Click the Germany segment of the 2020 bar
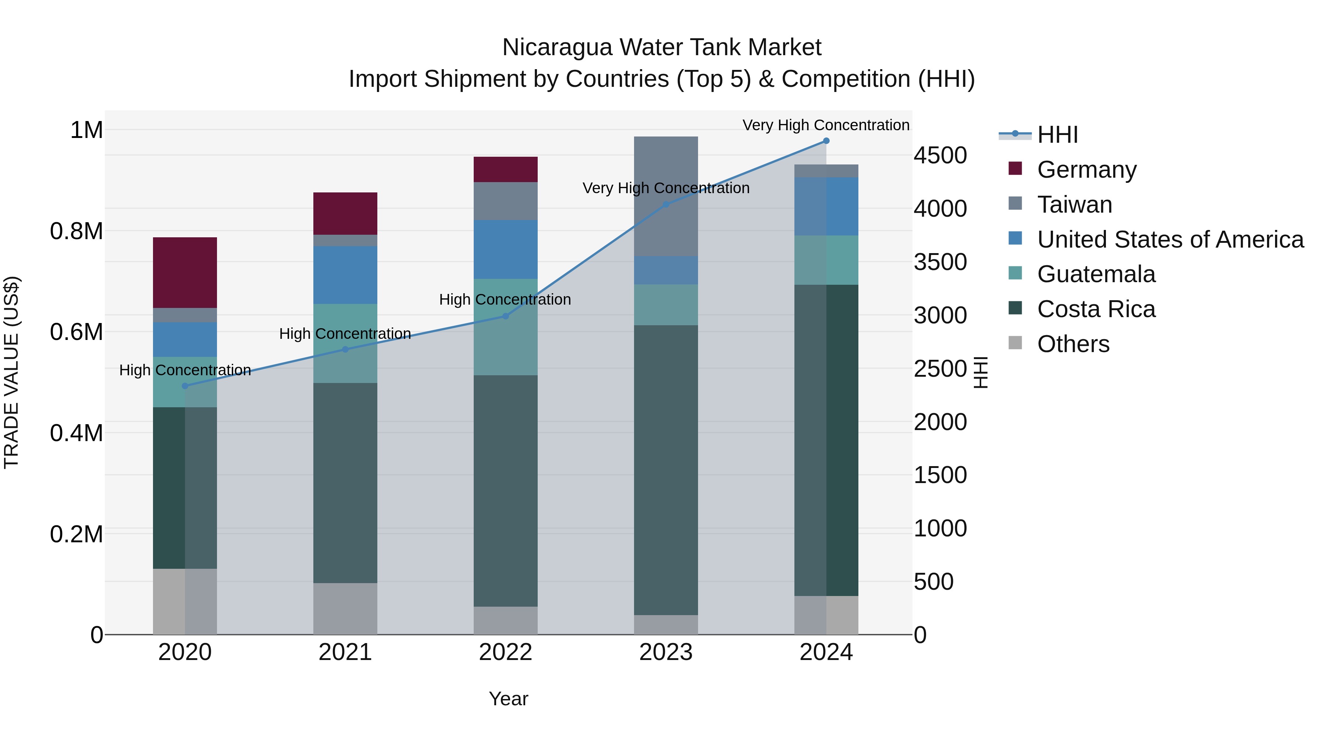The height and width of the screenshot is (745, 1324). click(185, 273)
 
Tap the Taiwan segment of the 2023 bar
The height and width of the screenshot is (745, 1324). click(666, 196)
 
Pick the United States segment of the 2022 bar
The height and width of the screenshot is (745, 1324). click(505, 249)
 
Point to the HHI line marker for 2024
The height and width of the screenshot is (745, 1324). click(826, 141)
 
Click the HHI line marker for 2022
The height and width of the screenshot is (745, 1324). click(505, 316)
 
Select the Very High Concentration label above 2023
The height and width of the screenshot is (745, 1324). click(666, 188)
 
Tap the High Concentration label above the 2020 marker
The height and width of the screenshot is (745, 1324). click(185, 370)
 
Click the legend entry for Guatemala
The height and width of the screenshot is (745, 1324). click(1096, 274)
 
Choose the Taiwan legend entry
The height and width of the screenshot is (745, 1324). click(1074, 205)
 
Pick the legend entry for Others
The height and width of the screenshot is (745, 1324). click(1073, 344)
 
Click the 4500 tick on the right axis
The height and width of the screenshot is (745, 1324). click(940, 155)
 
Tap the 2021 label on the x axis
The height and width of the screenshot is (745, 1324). click(345, 652)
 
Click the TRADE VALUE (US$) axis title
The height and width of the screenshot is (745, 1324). click(11, 372)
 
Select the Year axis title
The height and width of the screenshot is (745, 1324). click(508, 699)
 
